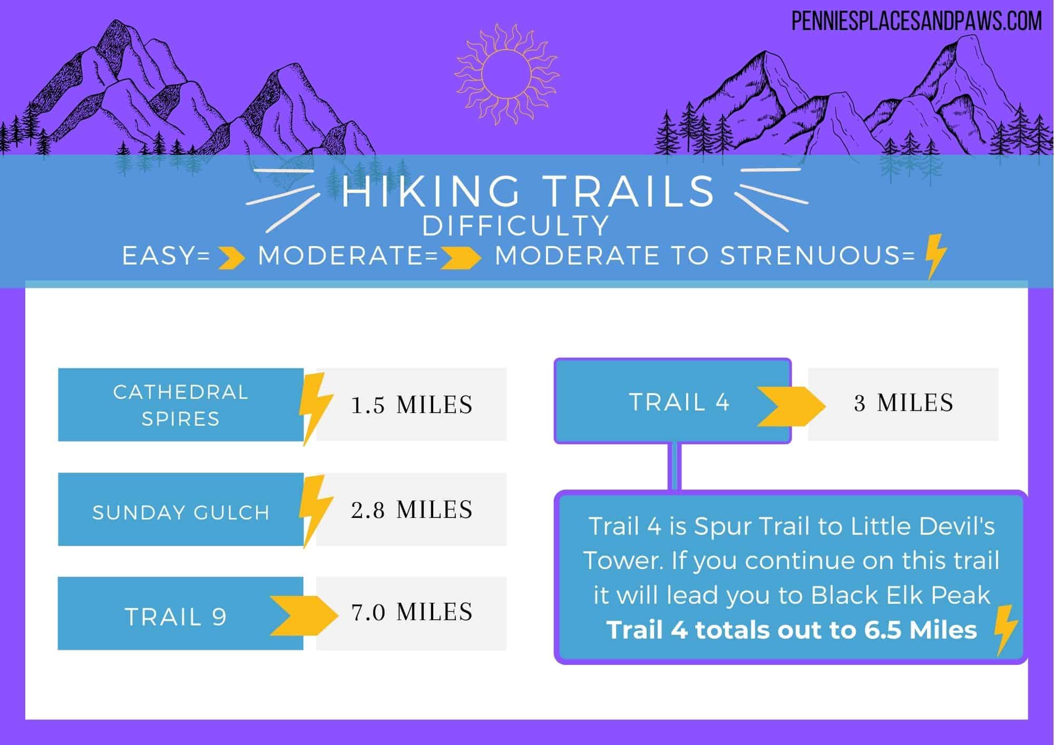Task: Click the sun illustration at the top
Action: coord(506,73)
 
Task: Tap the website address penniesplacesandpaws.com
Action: coord(917,22)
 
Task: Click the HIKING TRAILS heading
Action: coord(528,191)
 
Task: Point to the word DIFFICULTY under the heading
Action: coord(516,226)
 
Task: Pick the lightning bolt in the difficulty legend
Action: coord(936,256)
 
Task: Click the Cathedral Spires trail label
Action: coord(180,405)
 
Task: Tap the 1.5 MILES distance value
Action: coord(412,405)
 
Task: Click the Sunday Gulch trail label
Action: coord(181,512)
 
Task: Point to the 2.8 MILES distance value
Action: coord(412,509)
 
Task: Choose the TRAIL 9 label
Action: coord(175,616)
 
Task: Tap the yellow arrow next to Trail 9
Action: coord(304,615)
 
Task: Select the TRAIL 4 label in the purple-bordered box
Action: coord(679,402)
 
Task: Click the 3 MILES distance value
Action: coord(903,403)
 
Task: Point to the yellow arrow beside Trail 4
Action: coord(791,406)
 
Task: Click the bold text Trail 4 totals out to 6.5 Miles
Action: coord(792,630)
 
